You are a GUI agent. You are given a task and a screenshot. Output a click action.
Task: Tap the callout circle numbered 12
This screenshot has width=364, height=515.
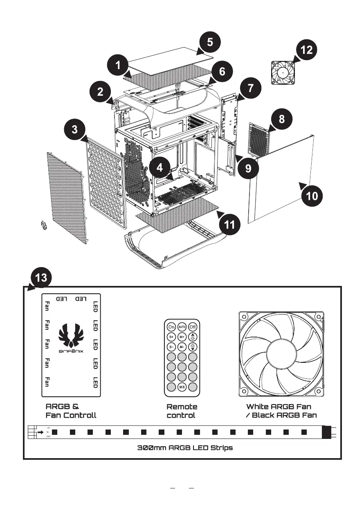306,50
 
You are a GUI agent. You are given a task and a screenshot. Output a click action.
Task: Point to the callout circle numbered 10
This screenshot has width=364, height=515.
312,196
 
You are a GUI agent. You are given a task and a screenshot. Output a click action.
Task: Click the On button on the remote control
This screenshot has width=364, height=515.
171,327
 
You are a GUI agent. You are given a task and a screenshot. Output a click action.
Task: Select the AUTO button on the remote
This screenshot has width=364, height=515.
182,327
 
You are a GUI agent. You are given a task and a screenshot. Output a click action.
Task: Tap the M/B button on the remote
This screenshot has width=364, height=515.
182,387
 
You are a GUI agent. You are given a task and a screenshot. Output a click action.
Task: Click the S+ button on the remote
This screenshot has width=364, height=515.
171,337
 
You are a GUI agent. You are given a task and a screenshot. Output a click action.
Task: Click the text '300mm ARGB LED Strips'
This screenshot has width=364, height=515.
185,448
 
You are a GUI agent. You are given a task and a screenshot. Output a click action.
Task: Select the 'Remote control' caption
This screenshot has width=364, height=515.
182,411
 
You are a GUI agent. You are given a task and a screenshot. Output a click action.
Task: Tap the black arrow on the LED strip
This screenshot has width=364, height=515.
41,432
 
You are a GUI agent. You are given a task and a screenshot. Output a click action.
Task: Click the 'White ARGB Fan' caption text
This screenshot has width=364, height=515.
279,407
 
